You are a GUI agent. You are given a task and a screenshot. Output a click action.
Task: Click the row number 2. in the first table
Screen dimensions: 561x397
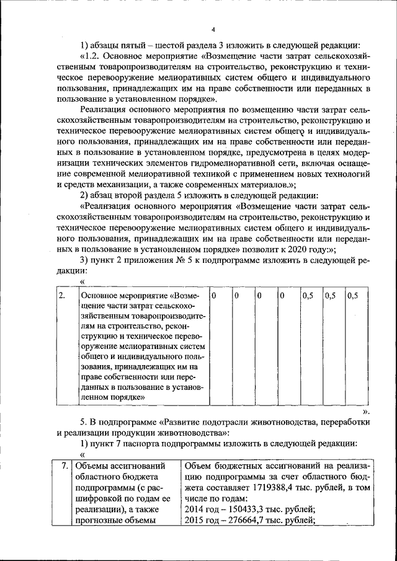62,296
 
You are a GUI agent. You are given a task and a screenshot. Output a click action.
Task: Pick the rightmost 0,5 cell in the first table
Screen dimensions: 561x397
352,296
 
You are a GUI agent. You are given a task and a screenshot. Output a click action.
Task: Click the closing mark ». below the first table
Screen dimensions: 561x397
366,411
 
